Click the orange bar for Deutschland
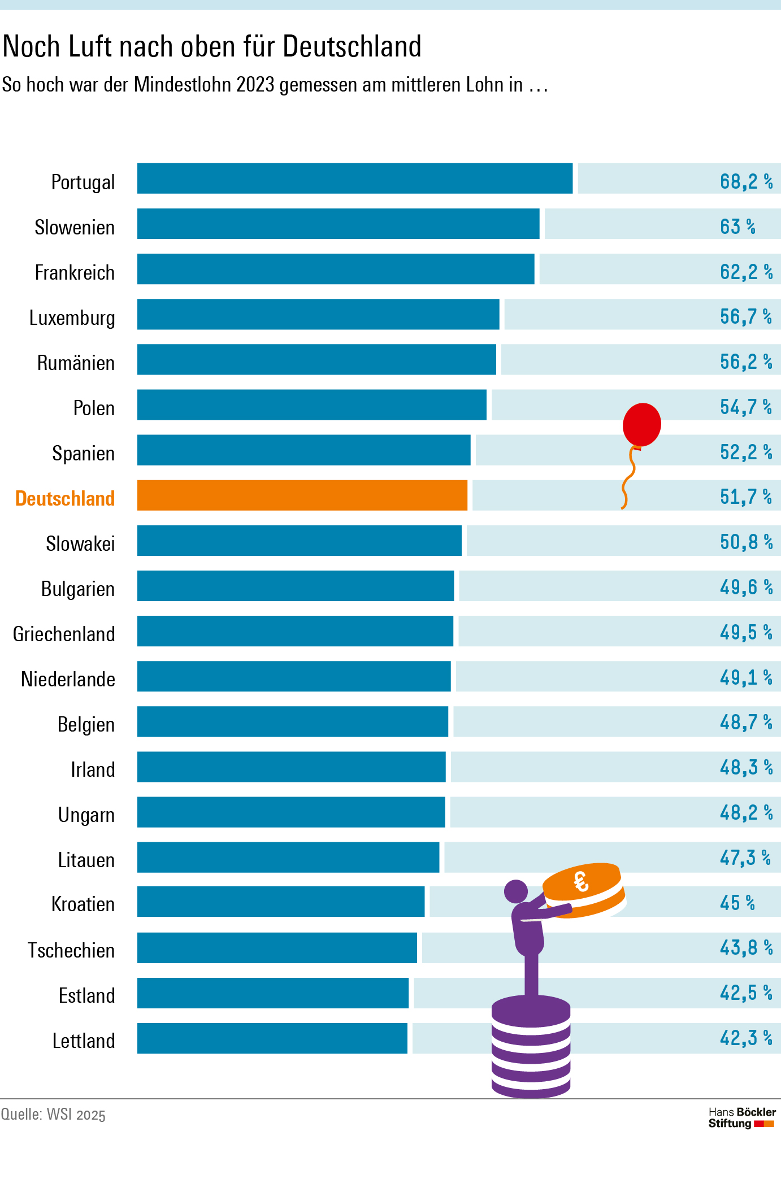(302, 495)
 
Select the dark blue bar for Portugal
(355, 179)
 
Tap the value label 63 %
(737, 227)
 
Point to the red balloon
(642, 424)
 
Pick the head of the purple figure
(515, 891)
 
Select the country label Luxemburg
(72, 317)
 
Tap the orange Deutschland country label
(65, 498)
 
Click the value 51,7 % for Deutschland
(745, 497)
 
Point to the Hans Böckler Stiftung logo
(742, 1117)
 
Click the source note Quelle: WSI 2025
(53, 1115)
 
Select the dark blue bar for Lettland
(272, 1038)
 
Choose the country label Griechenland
(64, 634)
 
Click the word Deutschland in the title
(352, 46)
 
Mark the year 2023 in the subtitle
(255, 85)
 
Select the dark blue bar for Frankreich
(336, 269)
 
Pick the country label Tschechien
(71, 950)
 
